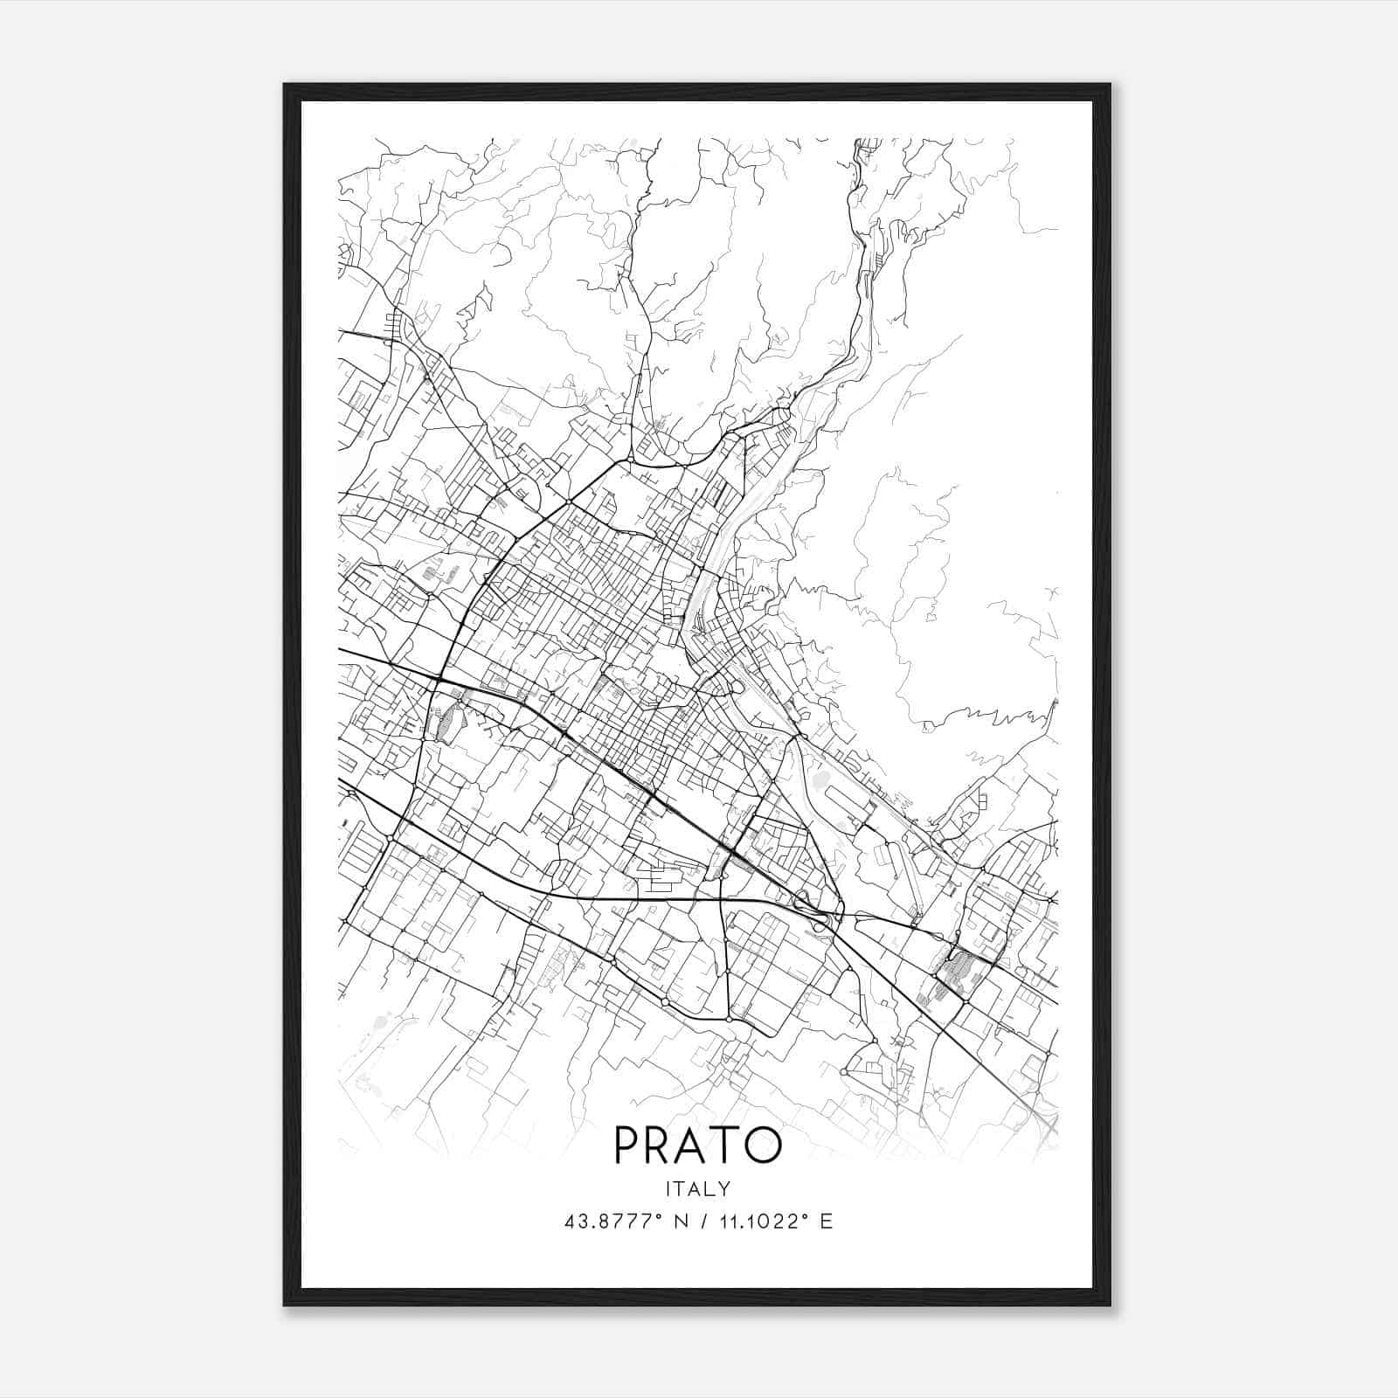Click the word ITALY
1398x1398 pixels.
click(697, 1188)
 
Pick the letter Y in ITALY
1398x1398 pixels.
click(724, 1188)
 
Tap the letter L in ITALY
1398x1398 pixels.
click(709, 1188)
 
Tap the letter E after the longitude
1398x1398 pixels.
click(826, 1222)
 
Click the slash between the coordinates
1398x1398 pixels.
click(702, 1222)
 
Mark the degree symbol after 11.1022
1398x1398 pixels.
click(806, 1216)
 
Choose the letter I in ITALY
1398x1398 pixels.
click(668, 1188)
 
